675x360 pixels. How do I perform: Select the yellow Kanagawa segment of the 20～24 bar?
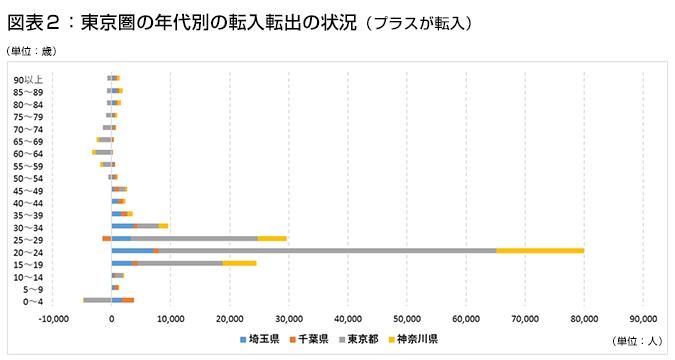click(540, 250)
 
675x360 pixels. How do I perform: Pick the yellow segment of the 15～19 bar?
click(239, 262)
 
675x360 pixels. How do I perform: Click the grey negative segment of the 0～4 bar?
click(97, 299)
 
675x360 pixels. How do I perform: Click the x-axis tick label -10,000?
click(53, 319)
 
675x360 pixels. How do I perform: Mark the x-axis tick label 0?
click(112, 319)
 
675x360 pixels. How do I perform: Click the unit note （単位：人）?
click(635, 340)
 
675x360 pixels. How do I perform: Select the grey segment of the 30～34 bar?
click(148, 226)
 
